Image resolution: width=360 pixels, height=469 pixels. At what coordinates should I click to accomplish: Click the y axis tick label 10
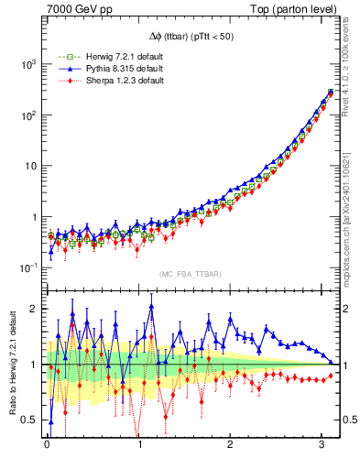tap(29, 167)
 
